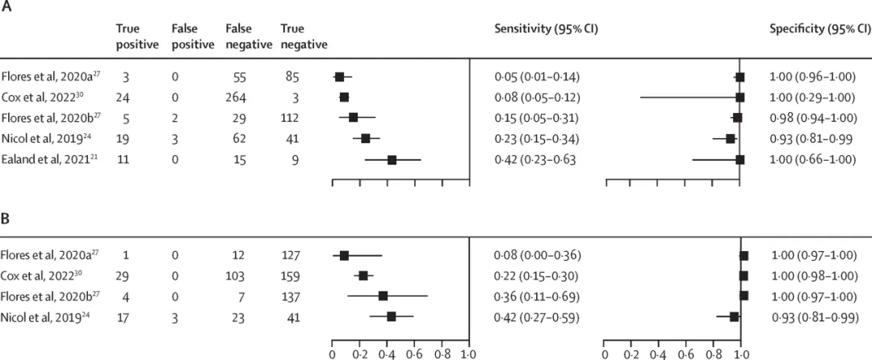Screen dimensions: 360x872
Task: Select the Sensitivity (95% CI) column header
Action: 546,29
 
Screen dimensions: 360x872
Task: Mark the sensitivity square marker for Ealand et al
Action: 392,160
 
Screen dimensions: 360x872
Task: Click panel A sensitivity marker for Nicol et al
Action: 365,139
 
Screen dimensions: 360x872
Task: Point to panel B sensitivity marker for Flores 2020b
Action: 383,296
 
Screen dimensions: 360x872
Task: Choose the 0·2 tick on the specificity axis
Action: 632,353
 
